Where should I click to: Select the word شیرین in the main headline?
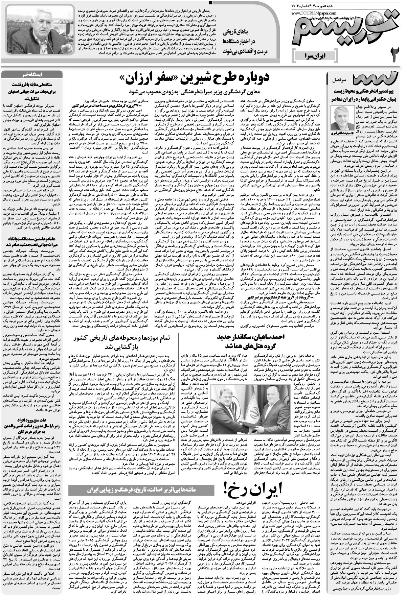click(197, 80)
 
